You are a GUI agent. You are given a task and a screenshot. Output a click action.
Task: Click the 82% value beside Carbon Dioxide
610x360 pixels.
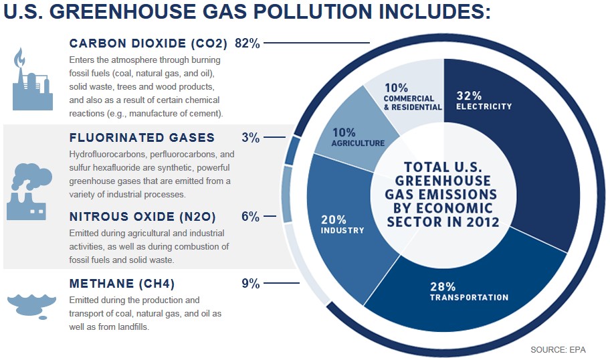(247, 43)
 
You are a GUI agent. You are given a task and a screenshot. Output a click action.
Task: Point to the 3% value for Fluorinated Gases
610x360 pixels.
(250, 138)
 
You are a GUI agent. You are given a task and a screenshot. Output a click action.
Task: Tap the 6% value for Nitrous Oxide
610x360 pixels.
(250, 217)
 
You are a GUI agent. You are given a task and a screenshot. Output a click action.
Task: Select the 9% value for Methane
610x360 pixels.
(250, 284)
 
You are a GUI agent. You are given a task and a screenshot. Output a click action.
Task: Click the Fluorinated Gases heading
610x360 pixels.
(142, 138)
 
